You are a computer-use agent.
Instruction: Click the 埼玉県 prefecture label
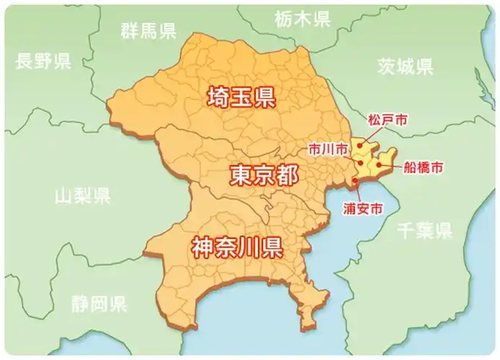click(241, 97)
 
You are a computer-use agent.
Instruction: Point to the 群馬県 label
click(148, 30)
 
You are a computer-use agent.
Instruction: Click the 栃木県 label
click(302, 19)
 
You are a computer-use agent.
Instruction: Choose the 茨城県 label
click(406, 68)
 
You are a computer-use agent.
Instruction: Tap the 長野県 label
click(43, 60)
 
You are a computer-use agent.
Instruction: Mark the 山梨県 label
click(83, 194)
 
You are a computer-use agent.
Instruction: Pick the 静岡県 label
click(99, 303)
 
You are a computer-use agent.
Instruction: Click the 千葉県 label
click(425, 230)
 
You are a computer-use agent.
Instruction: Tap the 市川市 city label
click(327, 149)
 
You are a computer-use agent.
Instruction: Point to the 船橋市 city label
click(423, 167)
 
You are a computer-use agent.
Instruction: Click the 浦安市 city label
click(362, 209)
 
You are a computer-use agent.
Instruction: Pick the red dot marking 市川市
click(360, 163)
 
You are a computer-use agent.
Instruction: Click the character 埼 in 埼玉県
click(218, 97)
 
